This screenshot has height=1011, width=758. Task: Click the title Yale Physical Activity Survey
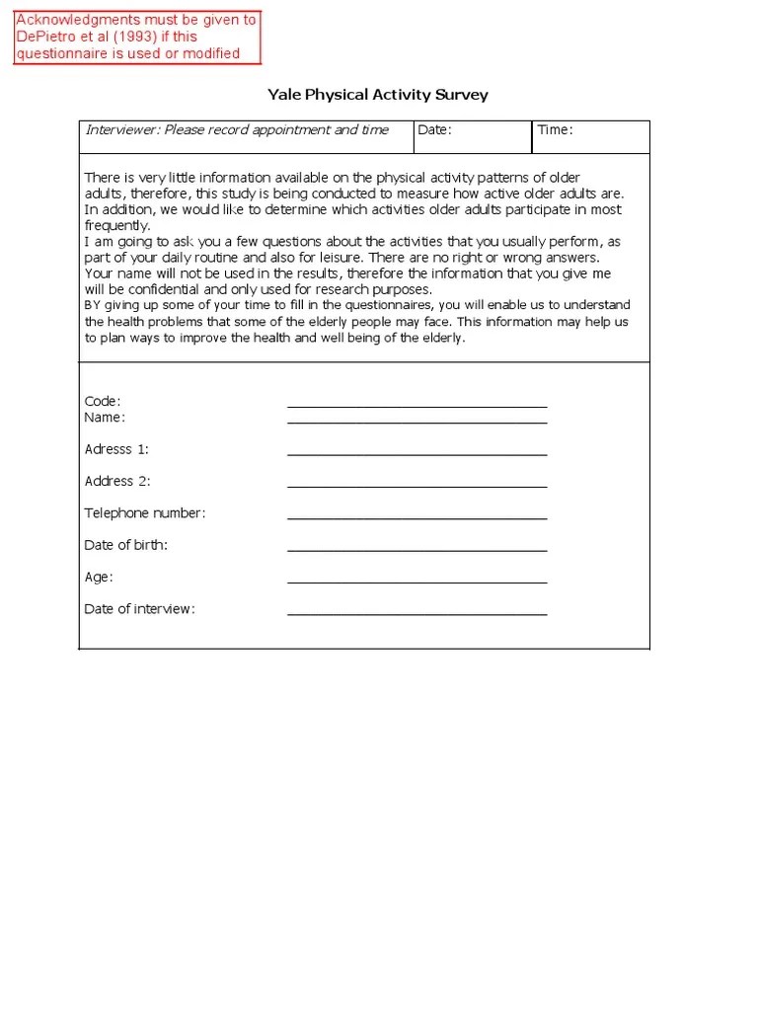pyautogui.click(x=378, y=95)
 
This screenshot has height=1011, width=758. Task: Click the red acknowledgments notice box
pyautogui.click(x=137, y=37)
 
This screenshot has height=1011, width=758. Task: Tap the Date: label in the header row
pyautogui.click(x=434, y=130)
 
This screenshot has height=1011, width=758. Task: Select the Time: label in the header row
pyautogui.click(x=555, y=130)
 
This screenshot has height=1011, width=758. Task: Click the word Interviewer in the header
pyautogui.click(x=122, y=130)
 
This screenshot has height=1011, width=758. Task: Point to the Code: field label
pyautogui.click(x=103, y=401)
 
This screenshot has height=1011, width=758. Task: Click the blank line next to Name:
pyautogui.click(x=417, y=422)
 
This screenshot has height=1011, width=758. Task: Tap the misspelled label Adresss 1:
pyautogui.click(x=116, y=449)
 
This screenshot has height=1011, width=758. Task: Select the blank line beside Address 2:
pyautogui.click(x=417, y=486)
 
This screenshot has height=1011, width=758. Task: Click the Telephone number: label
pyautogui.click(x=145, y=513)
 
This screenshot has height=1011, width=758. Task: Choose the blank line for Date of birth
pyautogui.click(x=417, y=550)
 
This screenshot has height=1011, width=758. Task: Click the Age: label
pyautogui.click(x=99, y=577)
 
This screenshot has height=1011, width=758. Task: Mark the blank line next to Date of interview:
pyautogui.click(x=417, y=613)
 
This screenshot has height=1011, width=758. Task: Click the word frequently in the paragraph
pyautogui.click(x=116, y=225)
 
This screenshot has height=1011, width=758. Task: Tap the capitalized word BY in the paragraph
pyautogui.click(x=93, y=305)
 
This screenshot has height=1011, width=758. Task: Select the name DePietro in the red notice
pyautogui.click(x=47, y=37)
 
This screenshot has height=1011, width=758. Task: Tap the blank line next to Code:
pyautogui.click(x=417, y=406)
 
